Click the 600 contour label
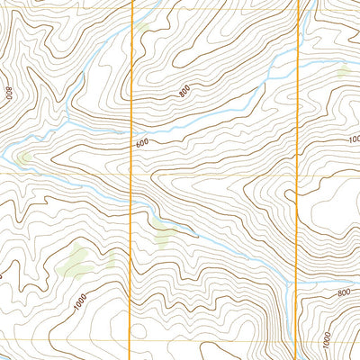pyautogui.click(x=142, y=143)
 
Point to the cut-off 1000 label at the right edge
pyautogui.click(x=353, y=139)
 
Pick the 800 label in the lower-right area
pyautogui.click(x=343, y=292)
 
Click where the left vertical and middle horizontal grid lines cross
pyautogui.click(x=133, y=173)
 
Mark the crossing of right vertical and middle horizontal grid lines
pyautogui.click(x=297, y=173)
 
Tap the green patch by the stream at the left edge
pyautogui.click(x=23, y=158)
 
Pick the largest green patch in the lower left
pyautogui.click(x=76, y=259)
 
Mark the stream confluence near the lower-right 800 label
pyautogui.click(x=290, y=280)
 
